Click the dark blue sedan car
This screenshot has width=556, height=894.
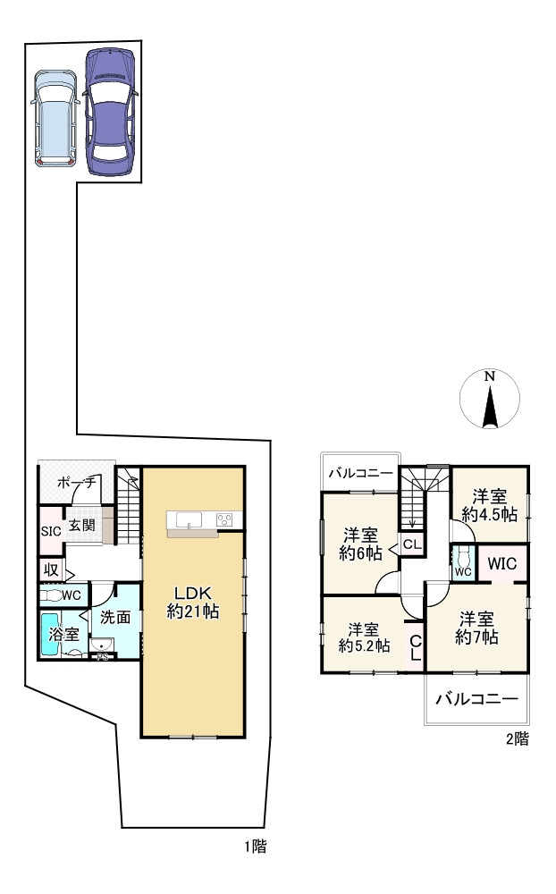point(111,112)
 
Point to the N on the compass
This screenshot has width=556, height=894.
point(489,376)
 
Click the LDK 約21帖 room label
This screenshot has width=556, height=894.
point(193,602)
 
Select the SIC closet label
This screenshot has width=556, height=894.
point(51,531)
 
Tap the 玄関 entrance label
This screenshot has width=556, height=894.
point(82,525)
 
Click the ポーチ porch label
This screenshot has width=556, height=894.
point(76,484)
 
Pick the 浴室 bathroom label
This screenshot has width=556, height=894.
point(63,634)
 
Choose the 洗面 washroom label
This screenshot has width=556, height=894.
point(115,617)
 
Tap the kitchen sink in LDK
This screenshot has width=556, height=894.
point(189,520)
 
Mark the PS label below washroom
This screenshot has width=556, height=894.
point(103,657)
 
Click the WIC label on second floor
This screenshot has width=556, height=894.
point(501,564)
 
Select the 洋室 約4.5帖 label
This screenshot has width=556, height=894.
point(489,505)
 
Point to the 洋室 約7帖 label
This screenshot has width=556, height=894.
point(476,628)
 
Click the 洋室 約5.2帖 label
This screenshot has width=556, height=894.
point(364,637)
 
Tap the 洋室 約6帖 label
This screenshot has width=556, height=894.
point(360,544)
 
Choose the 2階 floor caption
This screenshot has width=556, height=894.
point(518,739)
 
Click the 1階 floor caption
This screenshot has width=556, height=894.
point(256,847)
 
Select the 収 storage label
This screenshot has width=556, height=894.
point(51,569)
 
